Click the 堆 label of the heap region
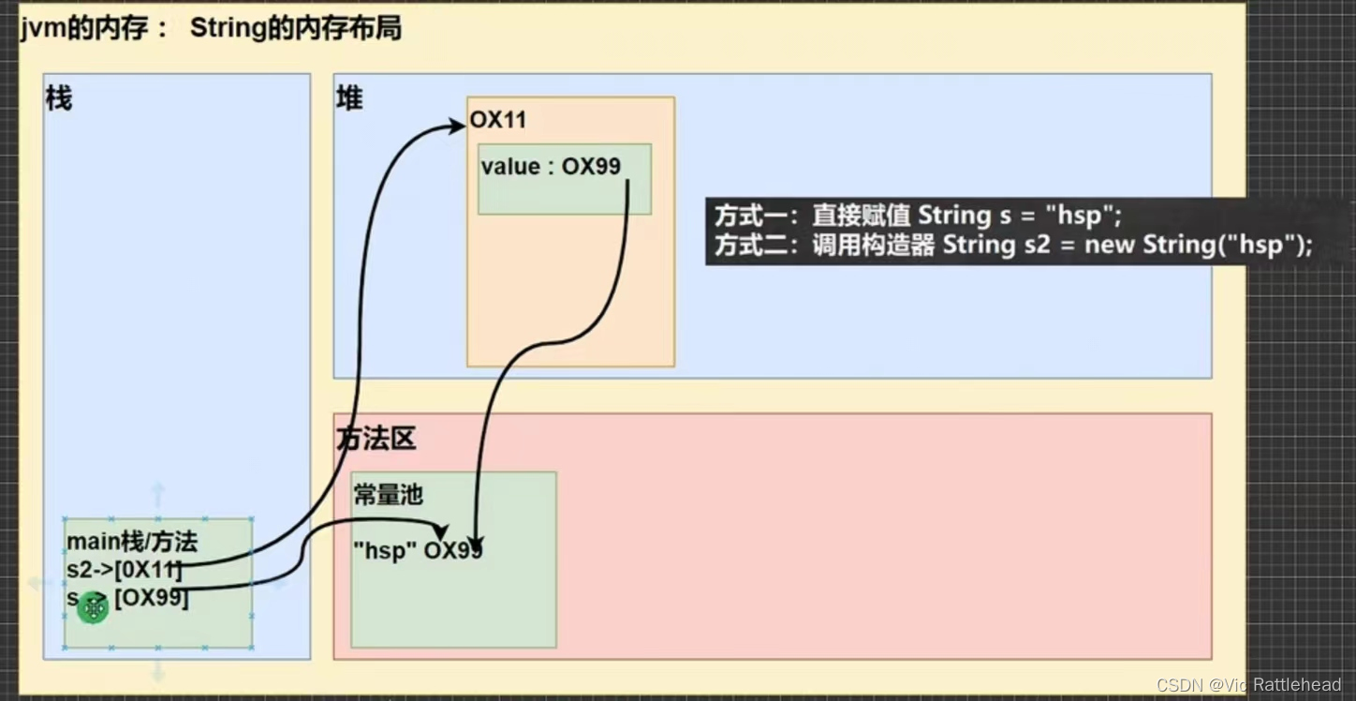pyautogui.click(x=349, y=98)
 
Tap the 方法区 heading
pyautogui.click(x=376, y=438)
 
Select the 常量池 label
pyautogui.click(x=388, y=495)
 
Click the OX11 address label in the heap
pyautogui.click(x=497, y=121)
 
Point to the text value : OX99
pyautogui.click(x=551, y=167)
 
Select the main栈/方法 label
pyautogui.click(x=132, y=542)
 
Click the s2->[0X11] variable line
pyautogui.click(x=124, y=569)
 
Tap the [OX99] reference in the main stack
pyautogui.click(x=152, y=597)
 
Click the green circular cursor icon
pyautogui.click(x=93, y=608)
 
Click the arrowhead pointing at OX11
pyautogui.click(x=458, y=127)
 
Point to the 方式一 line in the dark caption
pyautogui.click(x=918, y=216)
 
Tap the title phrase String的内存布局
pyautogui.click(x=295, y=28)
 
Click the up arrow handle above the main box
pyautogui.click(x=158, y=493)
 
